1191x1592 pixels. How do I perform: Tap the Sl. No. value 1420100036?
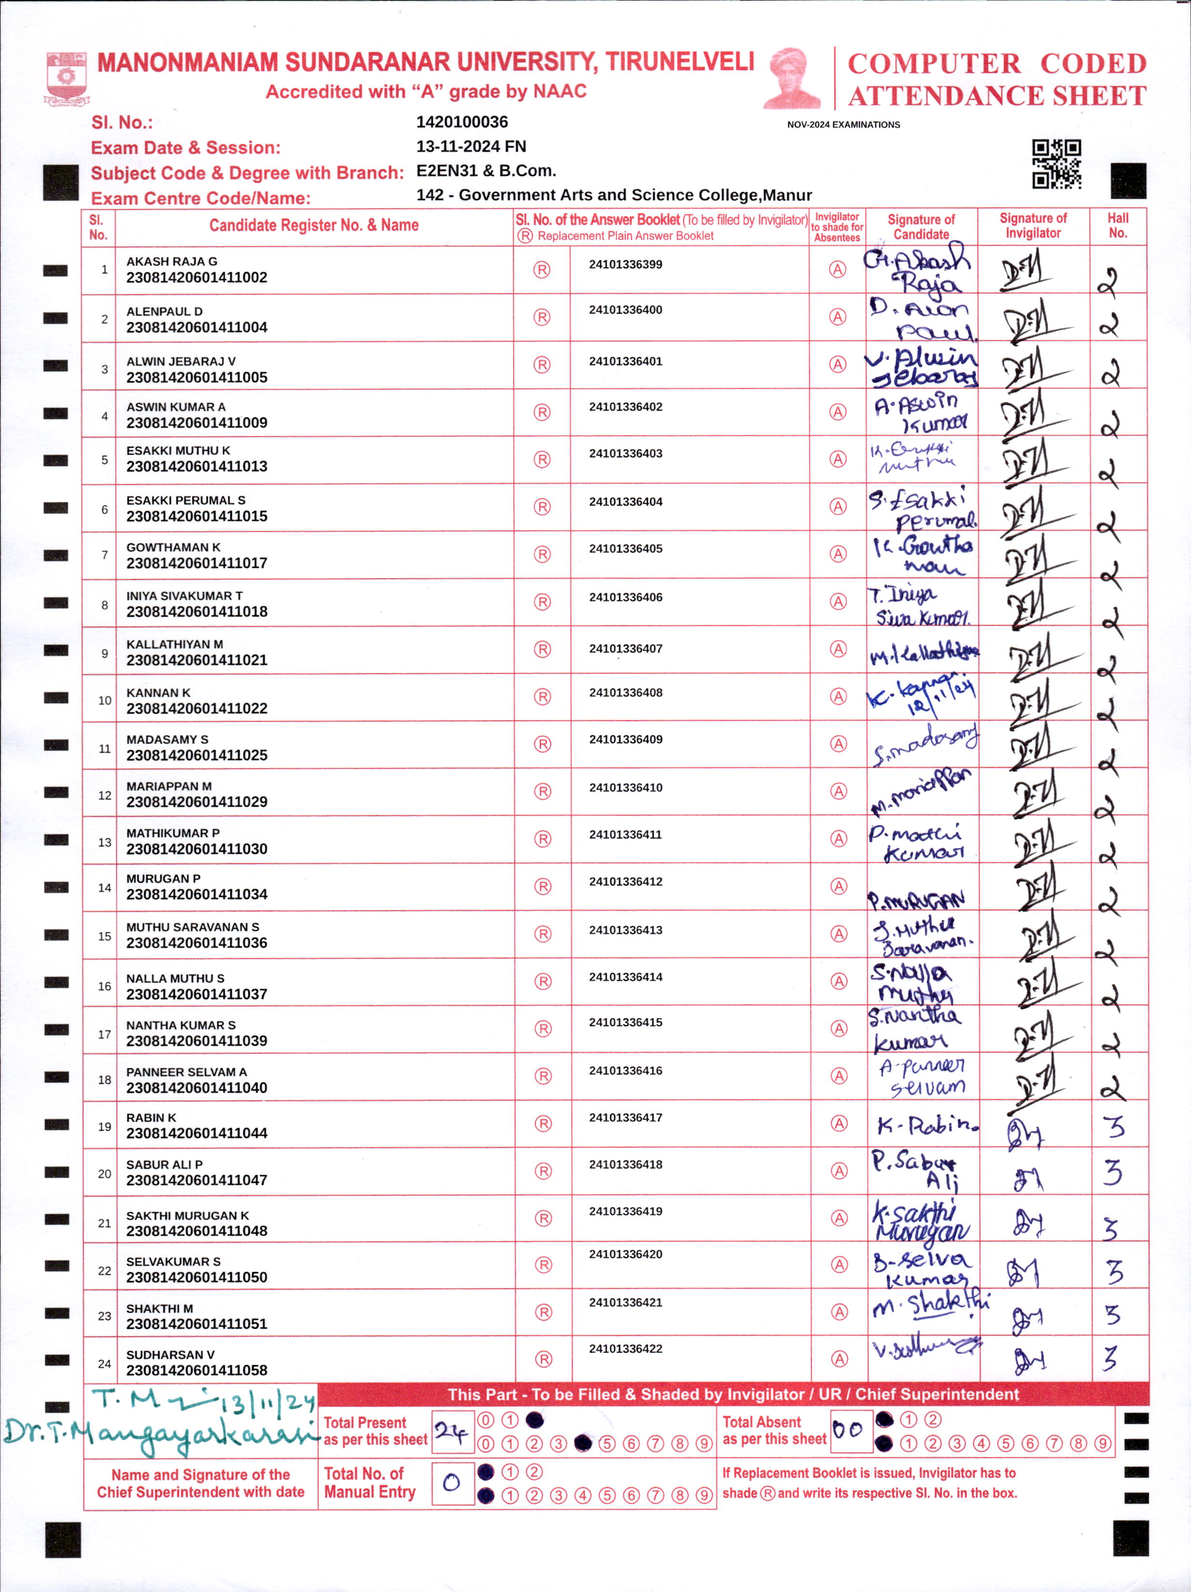point(462,122)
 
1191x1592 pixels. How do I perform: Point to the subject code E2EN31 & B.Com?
point(486,171)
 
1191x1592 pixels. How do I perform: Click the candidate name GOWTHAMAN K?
point(173,547)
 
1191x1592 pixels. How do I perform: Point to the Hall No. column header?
point(1118,226)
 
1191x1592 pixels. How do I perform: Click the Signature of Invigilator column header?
point(1032,226)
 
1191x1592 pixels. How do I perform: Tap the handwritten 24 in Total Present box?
point(451,1432)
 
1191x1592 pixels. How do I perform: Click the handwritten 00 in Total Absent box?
point(848,1429)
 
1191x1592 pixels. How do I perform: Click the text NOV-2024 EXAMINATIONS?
point(844,124)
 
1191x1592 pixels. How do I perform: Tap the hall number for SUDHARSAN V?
point(1111,1359)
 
